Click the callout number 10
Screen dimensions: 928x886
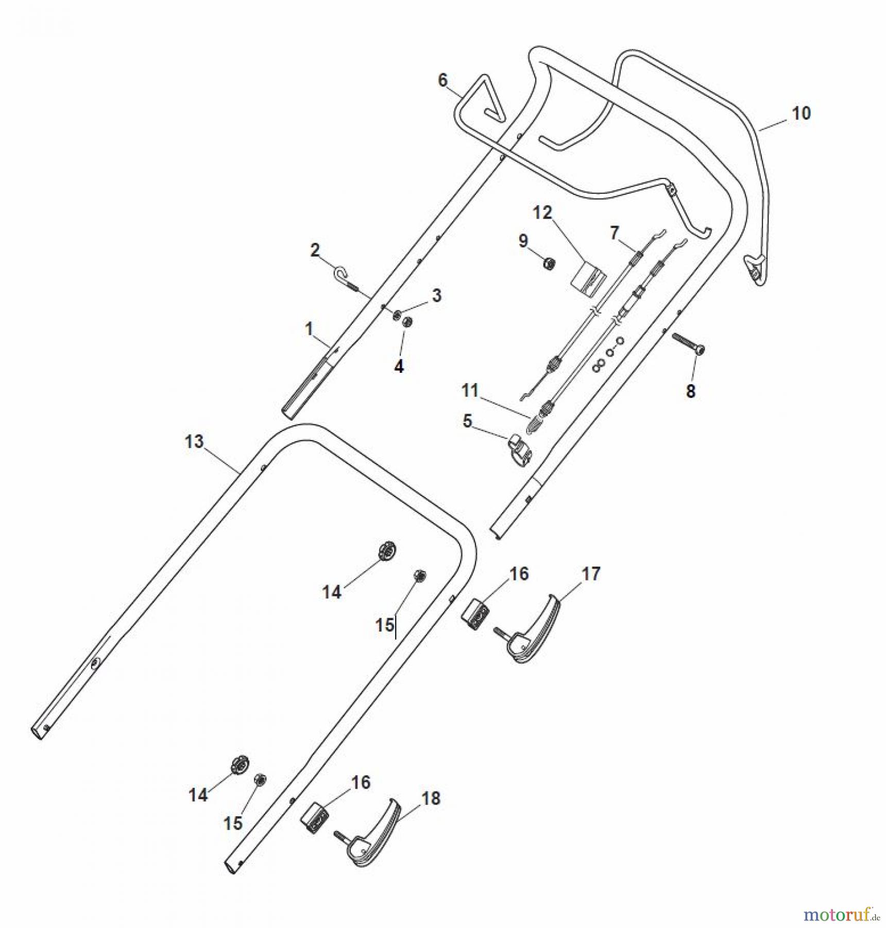(x=800, y=113)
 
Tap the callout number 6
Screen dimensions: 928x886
(x=442, y=80)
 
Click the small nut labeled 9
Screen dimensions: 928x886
(x=550, y=263)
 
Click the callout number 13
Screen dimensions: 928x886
(x=194, y=442)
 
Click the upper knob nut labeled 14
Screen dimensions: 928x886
(x=387, y=550)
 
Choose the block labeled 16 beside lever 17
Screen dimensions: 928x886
(x=475, y=614)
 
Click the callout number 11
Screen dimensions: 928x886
(x=470, y=390)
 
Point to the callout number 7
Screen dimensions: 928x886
(x=614, y=234)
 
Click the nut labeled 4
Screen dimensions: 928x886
(x=407, y=323)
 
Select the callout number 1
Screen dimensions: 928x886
(x=309, y=328)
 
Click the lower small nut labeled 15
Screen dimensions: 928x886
(x=261, y=779)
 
